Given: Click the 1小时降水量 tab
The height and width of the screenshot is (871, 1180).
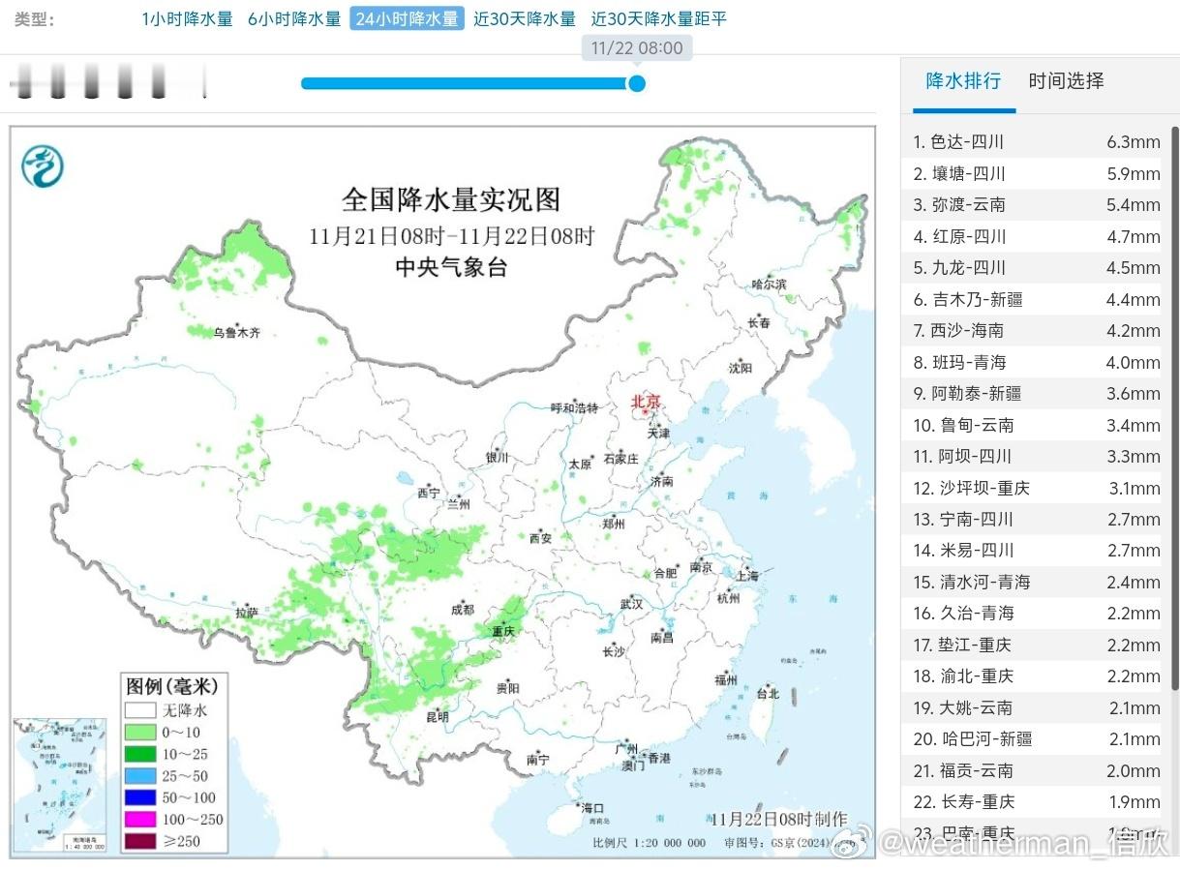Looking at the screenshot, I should (187, 19).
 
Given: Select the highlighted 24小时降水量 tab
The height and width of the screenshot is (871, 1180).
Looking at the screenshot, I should (407, 19).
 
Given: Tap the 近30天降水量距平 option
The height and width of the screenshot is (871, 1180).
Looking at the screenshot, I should (658, 19).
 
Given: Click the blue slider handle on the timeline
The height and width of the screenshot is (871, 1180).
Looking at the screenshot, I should (636, 83).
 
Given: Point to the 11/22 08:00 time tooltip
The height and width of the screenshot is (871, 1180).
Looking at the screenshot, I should (636, 48).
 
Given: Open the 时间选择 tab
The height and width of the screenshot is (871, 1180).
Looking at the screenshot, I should (1066, 81).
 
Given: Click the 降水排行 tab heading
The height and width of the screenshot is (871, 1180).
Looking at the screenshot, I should (963, 81).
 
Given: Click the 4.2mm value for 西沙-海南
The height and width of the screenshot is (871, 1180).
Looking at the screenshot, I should (1133, 331).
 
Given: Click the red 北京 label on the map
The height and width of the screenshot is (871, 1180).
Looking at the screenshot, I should (646, 401).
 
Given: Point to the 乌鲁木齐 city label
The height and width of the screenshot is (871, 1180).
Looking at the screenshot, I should (237, 333).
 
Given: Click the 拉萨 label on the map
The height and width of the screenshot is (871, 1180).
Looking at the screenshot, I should (246, 612).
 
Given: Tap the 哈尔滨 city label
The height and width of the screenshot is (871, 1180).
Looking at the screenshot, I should (770, 284).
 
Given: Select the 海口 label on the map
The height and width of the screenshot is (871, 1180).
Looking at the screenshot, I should (591, 807).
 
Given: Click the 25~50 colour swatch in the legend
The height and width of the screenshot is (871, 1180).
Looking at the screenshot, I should (139, 776).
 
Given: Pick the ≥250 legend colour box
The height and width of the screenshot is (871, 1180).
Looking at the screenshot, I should (139, 841).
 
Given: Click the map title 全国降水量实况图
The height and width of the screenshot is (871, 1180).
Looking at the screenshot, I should (451, 200).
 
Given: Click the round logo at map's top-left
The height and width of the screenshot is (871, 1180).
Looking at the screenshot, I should (43, 165).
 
